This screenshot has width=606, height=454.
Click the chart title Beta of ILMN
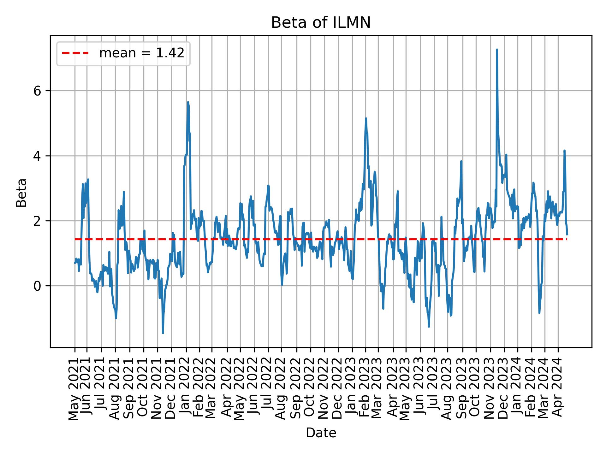(321, 23)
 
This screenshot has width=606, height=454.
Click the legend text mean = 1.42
(142, 53)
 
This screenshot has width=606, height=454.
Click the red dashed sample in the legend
(75, 53)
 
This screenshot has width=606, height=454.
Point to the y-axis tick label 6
(38, 91)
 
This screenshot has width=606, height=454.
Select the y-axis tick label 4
(38, 156)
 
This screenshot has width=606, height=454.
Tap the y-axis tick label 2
(38, 221)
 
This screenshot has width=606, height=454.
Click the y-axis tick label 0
(38, 286)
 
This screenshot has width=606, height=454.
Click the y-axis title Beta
(21, 193)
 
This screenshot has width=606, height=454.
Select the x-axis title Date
(321, 433)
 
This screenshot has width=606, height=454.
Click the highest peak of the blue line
(497, 50)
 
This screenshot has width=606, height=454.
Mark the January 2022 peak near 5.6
(188, 102)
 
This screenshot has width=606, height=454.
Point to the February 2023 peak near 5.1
(366, 119)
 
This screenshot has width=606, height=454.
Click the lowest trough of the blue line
(163, 333)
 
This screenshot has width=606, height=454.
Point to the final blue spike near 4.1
(564, 151)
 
